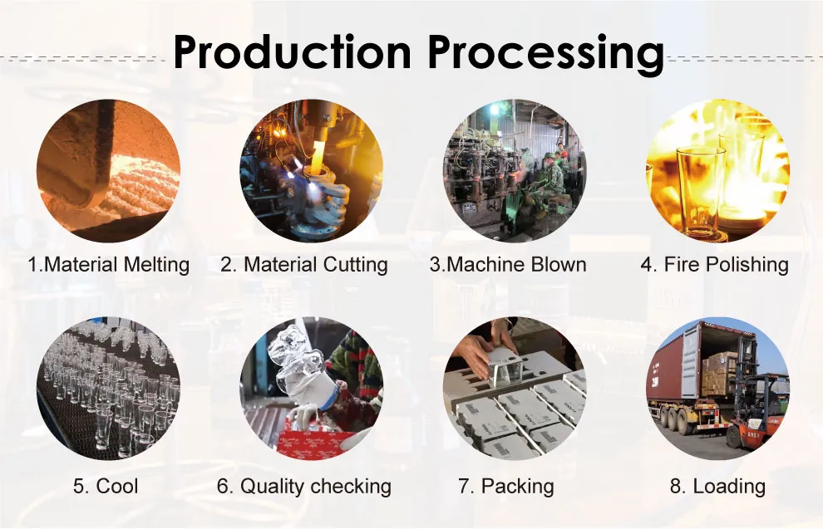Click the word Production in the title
(x=291, y=51)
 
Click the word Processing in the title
(x=545, y=51)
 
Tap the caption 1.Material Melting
(x=108, y=265)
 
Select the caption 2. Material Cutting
(x=304, y=265)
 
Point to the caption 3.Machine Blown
(x=508, y=265)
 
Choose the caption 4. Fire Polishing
(x=714, y=265)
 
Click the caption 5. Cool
(x=106, y=487)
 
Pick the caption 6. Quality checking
(x=304, y=487)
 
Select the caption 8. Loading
(x=717, y=487)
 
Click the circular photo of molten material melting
(x=108, y=171)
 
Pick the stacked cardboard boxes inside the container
(x=719, y=374)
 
